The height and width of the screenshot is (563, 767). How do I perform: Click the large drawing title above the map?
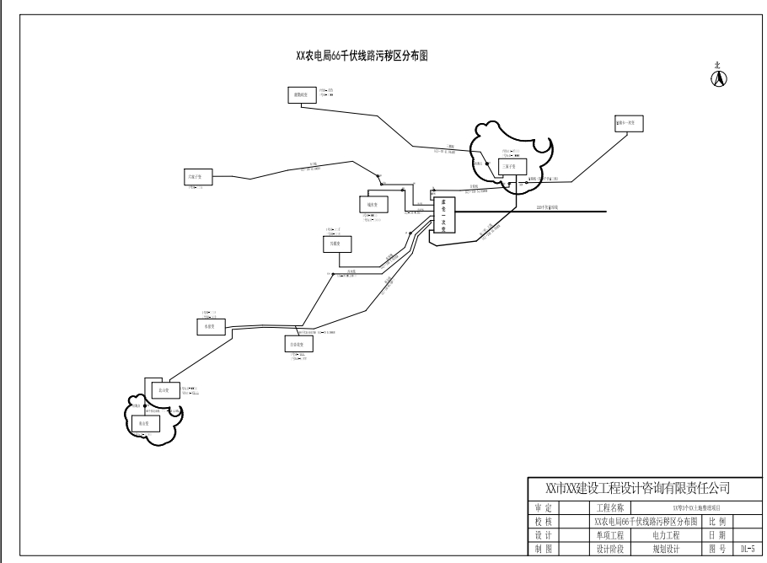coord(364,56)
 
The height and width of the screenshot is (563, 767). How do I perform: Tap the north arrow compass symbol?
coord(719,78)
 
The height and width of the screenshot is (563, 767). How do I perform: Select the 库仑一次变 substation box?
coord(443,215)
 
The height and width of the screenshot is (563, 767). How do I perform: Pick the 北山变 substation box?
coord(164,391)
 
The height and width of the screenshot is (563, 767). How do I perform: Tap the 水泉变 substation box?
coord(211,326)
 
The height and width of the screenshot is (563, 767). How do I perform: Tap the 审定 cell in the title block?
coord(544,508)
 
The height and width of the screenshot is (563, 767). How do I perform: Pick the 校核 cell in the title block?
coord(544,522)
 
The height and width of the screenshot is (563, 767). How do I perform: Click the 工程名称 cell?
coord(609,508)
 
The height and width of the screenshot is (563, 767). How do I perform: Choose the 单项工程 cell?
coord(609,535)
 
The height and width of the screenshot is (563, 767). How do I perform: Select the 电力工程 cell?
coord(666,535)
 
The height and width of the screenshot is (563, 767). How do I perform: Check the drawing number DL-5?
coord(748,549)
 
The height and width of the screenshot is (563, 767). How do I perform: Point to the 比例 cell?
coord(717,522)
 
